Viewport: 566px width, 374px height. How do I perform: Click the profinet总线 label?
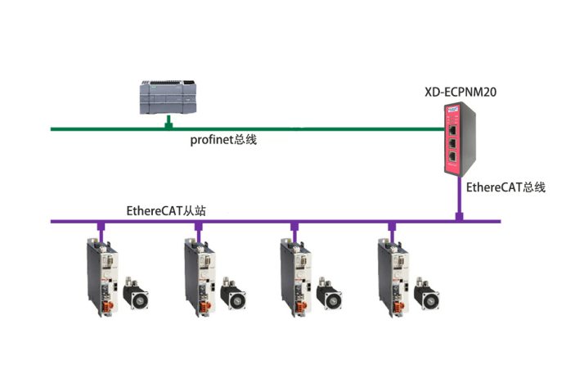[x=223, y=140]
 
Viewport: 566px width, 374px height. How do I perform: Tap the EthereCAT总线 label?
[x=505, y=187]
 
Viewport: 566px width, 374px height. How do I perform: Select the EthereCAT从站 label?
[x=165, y=210]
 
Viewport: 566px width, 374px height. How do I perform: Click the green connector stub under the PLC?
[x=168, y=123]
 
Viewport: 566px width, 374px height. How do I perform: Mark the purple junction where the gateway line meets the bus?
[x=460, y=219]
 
